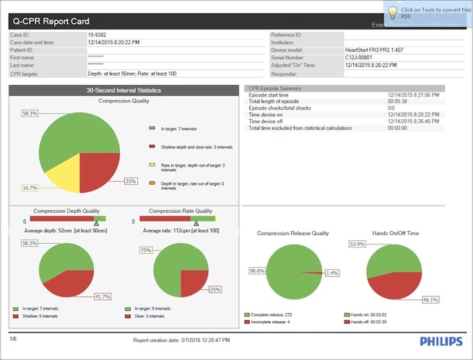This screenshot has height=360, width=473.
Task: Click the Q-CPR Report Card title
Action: click(53, 22)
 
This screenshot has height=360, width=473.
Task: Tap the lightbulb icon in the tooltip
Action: click(391, 12)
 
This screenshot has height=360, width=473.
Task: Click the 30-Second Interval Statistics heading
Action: click(123, 90)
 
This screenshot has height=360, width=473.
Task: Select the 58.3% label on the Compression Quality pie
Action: click(30, 113)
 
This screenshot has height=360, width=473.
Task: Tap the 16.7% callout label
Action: click(30, 188)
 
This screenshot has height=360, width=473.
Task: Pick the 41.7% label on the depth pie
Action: click(101, 297)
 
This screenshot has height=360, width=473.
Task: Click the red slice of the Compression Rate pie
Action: click(193, 282)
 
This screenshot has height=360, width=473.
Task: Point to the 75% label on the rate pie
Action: click(145, 250)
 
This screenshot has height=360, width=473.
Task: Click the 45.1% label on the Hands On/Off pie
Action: click(451, 299)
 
